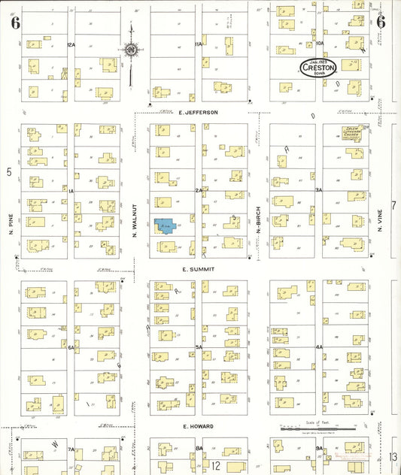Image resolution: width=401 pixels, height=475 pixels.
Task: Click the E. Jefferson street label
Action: [199, 112]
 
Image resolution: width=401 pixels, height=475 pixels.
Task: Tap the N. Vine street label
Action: [381, 218]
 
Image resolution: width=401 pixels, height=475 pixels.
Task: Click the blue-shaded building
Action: [165, 225]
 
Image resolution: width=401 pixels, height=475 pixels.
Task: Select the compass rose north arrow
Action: [132, 51]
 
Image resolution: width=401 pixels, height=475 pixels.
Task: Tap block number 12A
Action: [71, 45]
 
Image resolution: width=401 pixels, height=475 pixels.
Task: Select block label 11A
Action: [199, 45]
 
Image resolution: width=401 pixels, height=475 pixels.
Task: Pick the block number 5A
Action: [199, 346]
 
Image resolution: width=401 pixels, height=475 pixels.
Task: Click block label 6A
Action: [72, 347]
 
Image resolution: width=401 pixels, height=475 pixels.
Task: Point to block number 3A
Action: [319, 190]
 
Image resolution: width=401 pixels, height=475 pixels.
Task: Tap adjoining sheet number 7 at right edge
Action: [393, 205]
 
